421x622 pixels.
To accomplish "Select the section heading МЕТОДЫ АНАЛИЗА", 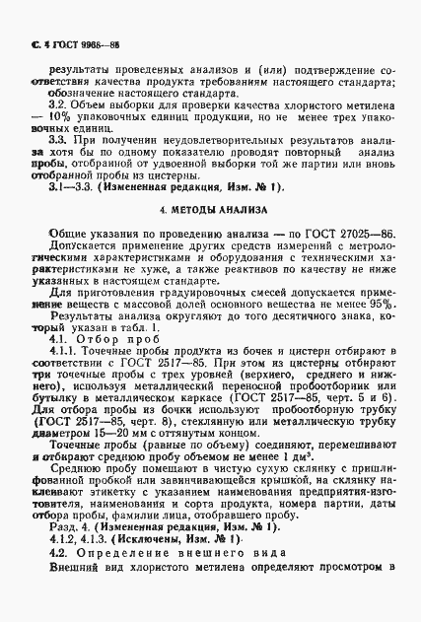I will (211, 212).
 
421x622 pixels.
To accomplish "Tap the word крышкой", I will (285, 485).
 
